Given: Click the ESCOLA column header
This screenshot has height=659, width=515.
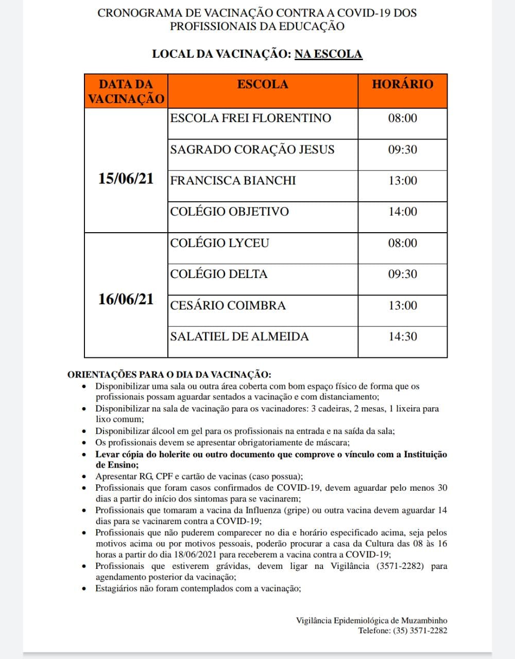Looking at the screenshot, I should click(263, 84).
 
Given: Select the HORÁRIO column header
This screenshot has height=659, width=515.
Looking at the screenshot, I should click(402, 84).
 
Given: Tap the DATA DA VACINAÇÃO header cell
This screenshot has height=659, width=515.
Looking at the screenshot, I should click(126, 92).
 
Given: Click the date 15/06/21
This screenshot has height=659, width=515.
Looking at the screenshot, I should click(126, 179).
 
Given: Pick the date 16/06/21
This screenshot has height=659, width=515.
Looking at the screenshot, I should click(126, 299).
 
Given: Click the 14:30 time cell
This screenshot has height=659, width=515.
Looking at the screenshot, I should click(403, 337).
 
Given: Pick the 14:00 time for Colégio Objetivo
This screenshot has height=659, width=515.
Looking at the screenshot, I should click(403, 212).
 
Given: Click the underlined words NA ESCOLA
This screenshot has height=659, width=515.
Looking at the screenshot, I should click(329, 54).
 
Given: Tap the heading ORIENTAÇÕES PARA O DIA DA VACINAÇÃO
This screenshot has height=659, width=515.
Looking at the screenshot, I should click(169, 375).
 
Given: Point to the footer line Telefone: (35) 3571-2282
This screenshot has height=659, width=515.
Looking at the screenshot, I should click(403, 631).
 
